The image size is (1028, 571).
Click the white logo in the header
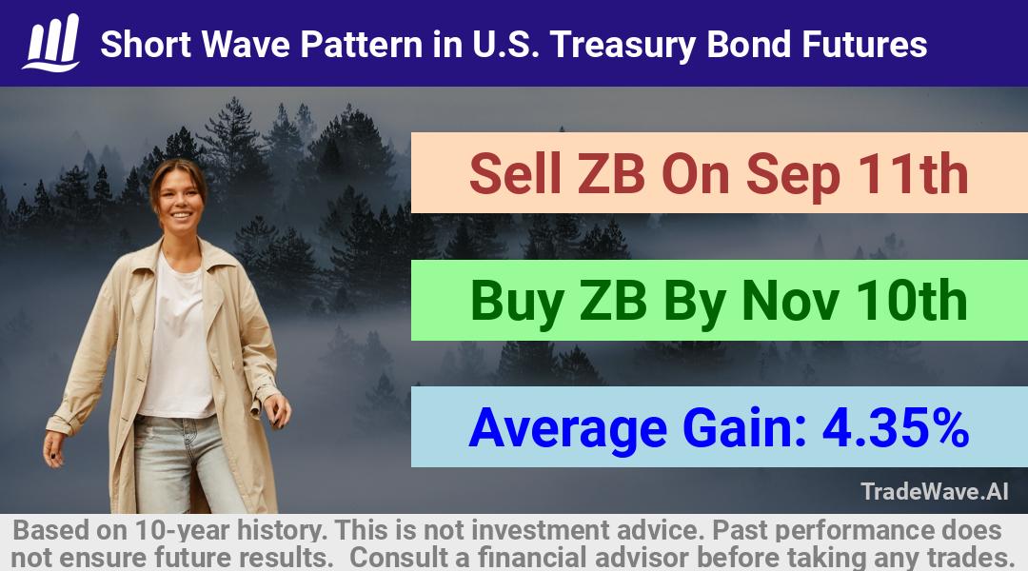tap(51, 43)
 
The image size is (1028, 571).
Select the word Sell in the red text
tap(516, 174)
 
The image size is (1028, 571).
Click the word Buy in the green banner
tap(517, 303)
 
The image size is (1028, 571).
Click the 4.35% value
tap(896, 427)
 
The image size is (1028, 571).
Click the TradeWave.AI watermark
tap(935, 491)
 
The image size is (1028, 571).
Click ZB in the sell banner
tap(611, 174)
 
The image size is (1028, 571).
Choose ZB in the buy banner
tap(613, 301)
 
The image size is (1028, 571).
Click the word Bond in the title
tap(749, 44)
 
